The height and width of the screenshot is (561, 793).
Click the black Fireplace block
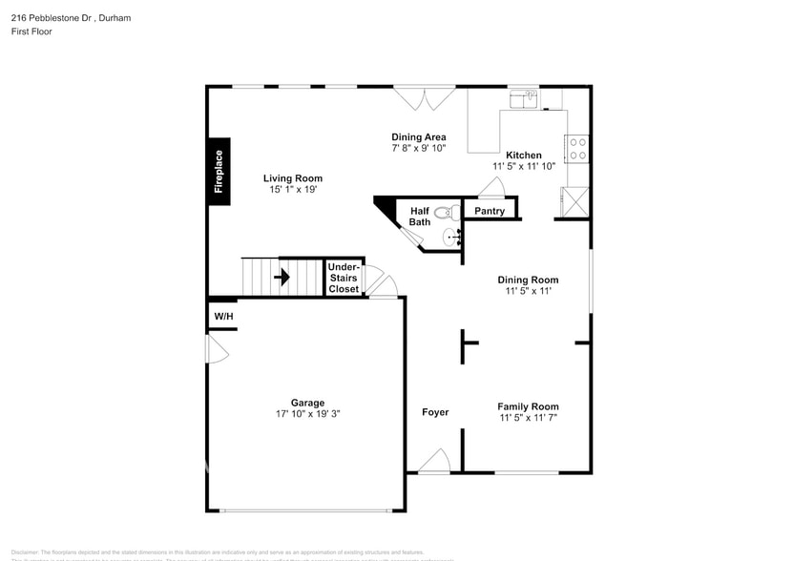219,171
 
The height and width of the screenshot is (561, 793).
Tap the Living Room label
293,178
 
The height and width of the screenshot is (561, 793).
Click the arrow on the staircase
282,278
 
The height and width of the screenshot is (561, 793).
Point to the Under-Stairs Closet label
344,278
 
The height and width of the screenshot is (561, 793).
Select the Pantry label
490,211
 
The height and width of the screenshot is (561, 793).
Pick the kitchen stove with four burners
577,148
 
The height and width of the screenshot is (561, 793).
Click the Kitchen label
523,156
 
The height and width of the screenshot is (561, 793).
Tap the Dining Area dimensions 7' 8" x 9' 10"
418,149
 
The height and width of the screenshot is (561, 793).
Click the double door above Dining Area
426,98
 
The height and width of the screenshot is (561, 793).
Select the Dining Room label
528,280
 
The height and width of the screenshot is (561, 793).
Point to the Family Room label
528,406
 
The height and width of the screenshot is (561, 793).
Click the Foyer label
435,412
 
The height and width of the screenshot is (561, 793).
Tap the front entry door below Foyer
434,461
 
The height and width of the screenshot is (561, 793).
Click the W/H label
222,316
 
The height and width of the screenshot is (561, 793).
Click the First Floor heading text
32,31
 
